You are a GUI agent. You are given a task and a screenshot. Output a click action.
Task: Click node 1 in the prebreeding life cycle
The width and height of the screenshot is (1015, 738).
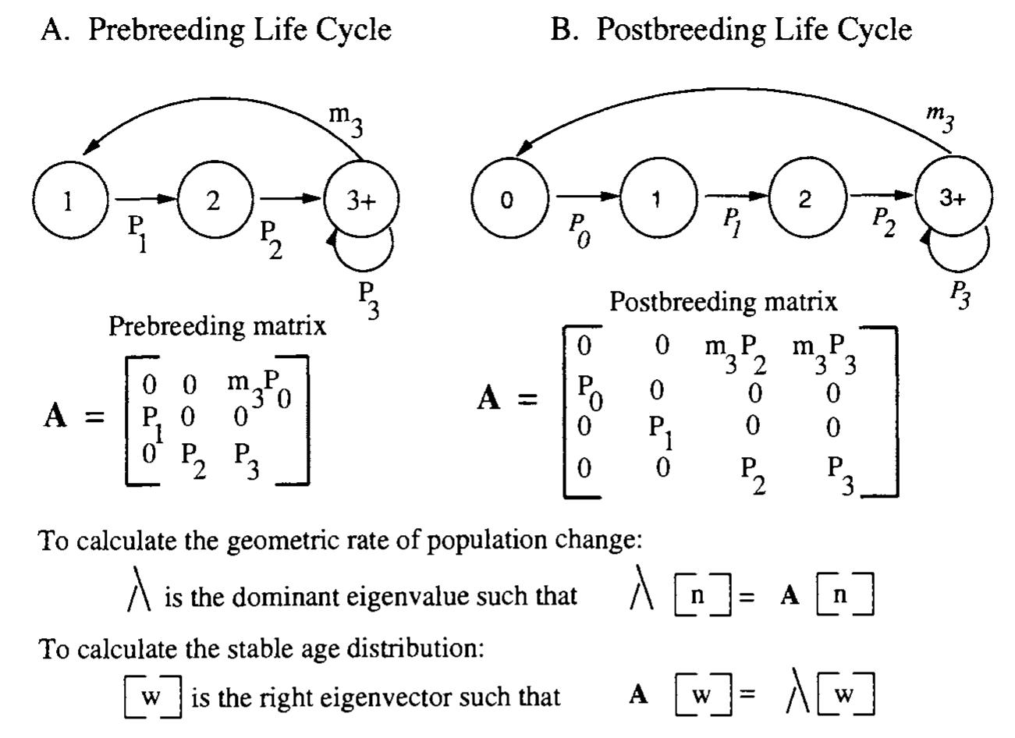click(68, 200)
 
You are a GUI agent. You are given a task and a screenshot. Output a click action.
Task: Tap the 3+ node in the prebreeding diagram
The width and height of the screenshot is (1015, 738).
click(361, 200)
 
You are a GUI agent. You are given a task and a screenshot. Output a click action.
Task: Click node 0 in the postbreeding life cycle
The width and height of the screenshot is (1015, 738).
click(507, 200)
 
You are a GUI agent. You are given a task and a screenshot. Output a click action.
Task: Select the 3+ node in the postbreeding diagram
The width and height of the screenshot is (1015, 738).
click(953, 199)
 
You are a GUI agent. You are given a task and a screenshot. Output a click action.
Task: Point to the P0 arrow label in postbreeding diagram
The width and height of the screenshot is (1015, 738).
click(578, 229)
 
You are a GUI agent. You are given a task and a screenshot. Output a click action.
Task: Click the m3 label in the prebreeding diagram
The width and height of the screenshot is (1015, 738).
click(346, 119)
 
